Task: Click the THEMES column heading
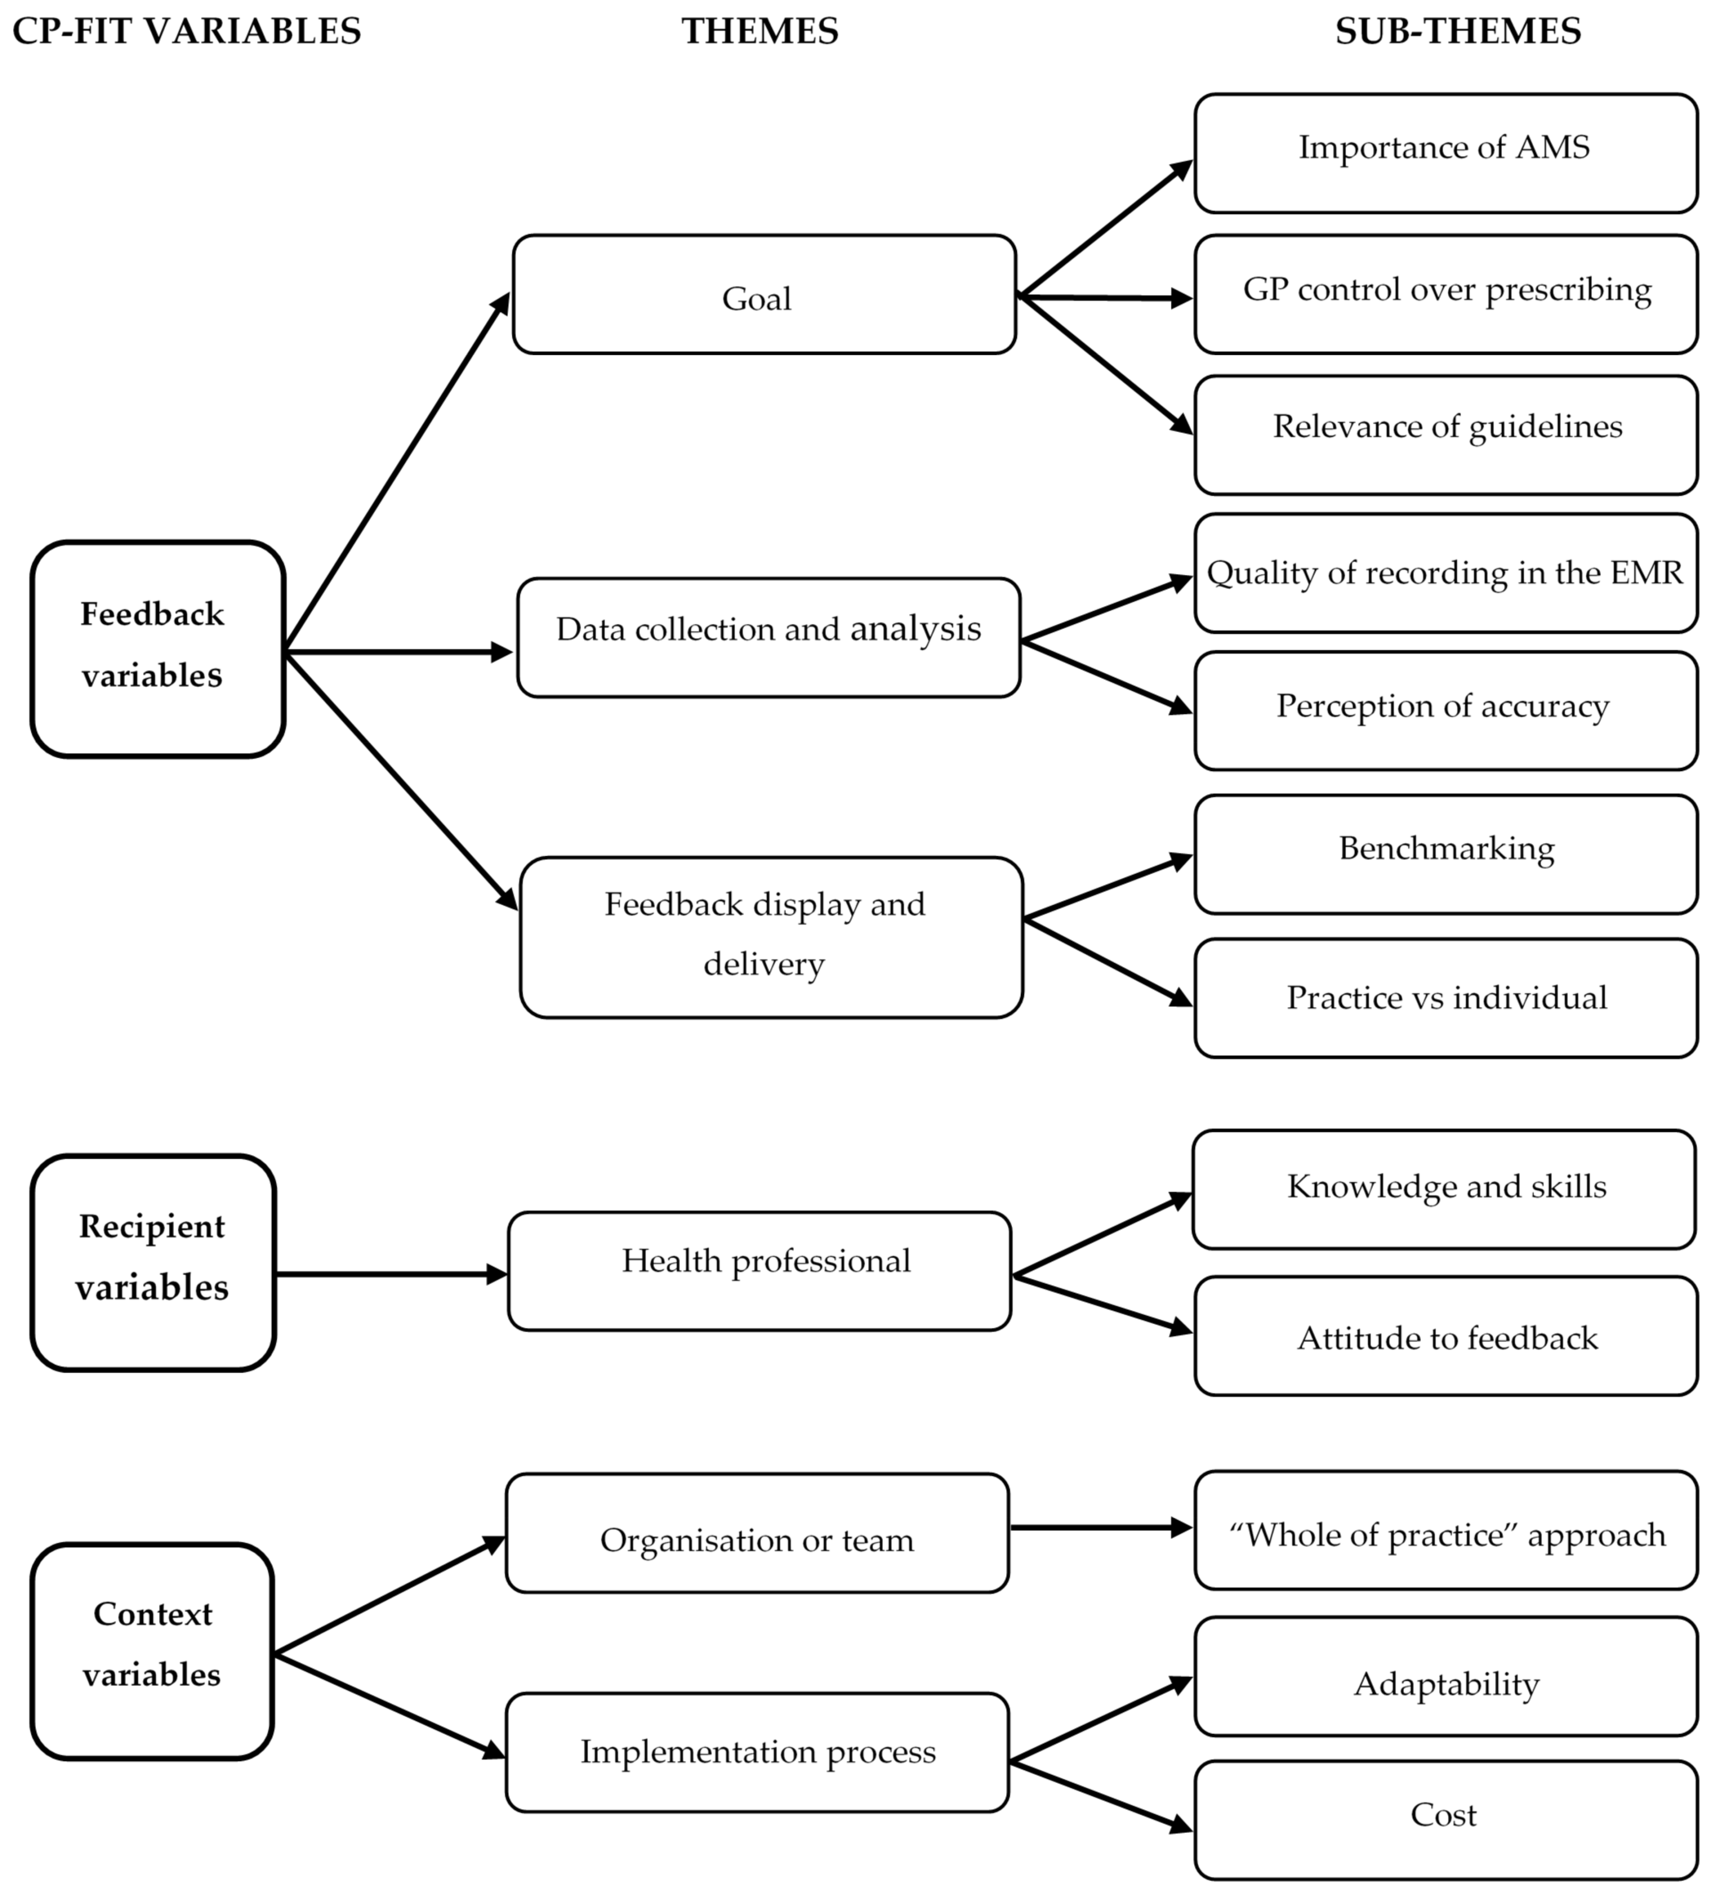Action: click(x=760, y=31)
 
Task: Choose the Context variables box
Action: click(x=152, y=1650)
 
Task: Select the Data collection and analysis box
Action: click(x=768, y=638)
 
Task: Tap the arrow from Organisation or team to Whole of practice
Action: click(x=1100, y=1528)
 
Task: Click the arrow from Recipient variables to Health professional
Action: click(x=390, y=1274)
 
